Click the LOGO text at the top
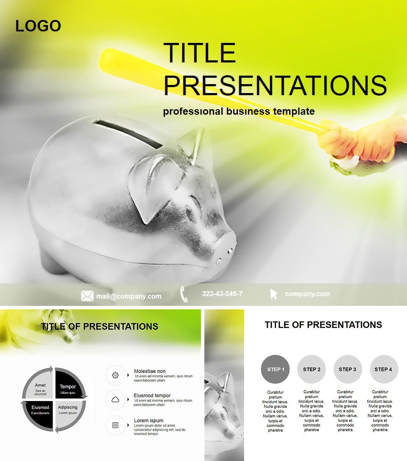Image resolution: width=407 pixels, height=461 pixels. click(38, 26)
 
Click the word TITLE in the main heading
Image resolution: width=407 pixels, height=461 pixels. click(199, 53)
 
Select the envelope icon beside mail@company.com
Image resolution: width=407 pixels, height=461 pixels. click(87, 296)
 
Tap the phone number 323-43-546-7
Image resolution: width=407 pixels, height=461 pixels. click(222, 294)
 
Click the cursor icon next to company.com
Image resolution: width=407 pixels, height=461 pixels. click(273, 294)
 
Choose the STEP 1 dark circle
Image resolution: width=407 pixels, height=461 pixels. click(276, 369)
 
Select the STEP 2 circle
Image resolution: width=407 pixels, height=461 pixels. click(312, 369)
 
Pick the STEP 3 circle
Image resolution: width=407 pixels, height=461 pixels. click(348, 369)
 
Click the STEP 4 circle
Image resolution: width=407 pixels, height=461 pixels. click(384, 369)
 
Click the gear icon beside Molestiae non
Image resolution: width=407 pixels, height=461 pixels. click(115, 375)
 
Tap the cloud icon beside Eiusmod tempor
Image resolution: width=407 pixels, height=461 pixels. click(115, 400)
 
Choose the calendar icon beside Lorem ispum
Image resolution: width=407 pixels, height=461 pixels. click(115, 425)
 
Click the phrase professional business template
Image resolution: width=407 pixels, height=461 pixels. click(239, 111)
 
